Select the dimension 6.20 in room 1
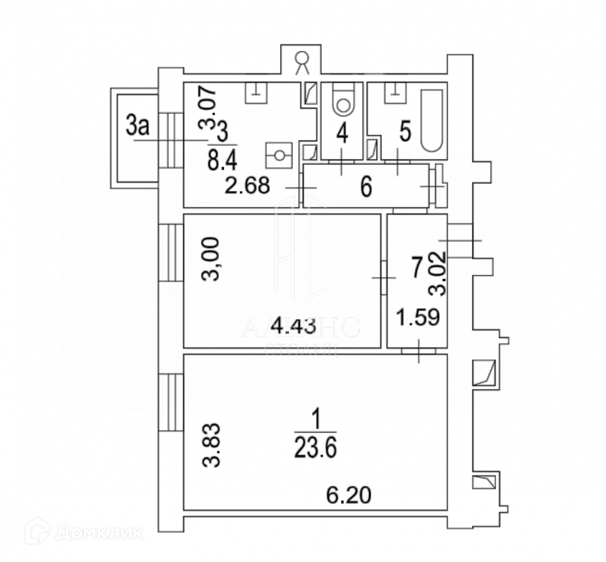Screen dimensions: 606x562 point(350,494)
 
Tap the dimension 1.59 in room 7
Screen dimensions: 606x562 point(419,316)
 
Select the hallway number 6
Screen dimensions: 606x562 point(366,187)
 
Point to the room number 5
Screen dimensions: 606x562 point(406,132)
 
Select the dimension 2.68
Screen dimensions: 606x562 point(247,186)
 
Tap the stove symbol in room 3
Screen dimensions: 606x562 point(280,155)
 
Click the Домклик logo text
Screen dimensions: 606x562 point(99,532)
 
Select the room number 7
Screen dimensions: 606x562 point(416,269)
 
